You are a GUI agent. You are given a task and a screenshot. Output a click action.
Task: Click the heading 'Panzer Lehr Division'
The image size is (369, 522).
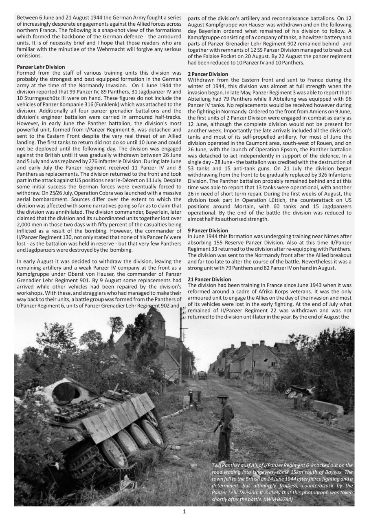point(41,66)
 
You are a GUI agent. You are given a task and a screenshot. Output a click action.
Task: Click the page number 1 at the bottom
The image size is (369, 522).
point(184,512)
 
